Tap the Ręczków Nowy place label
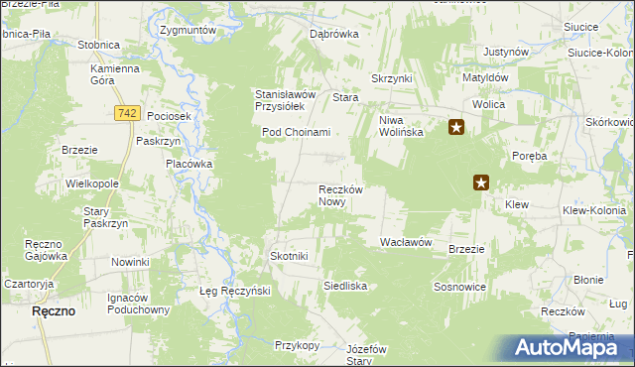tap(344, 194)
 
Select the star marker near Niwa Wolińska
tap(456, 127)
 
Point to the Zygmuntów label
tap(188, 31)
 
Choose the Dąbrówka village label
tap(333, 33)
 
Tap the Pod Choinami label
tap(296, 132)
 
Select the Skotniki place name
tap(290, 256)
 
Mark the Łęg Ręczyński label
tap(229, 291)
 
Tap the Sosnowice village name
tap(458, 286)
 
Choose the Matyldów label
tap(485, 76)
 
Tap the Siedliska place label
tap(345, 286)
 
